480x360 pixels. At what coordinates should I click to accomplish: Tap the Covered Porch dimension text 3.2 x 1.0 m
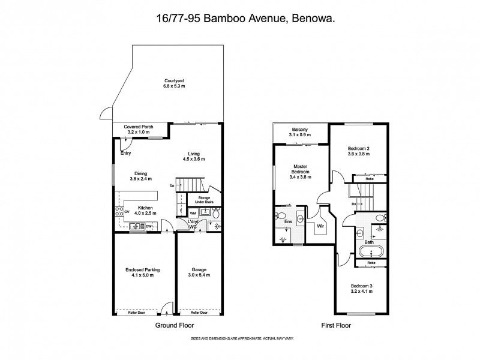136,132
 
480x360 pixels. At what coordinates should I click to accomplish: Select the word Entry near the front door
125,153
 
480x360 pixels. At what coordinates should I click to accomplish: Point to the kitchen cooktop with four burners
119,212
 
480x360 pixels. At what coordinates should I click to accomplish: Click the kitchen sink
136,226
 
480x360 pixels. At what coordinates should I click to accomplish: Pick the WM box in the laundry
193,212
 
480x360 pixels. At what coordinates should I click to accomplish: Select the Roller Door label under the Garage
199,313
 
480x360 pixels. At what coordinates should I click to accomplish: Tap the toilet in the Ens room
280,216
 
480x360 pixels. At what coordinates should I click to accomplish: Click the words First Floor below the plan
335,325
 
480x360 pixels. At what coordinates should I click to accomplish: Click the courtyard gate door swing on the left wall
106,114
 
